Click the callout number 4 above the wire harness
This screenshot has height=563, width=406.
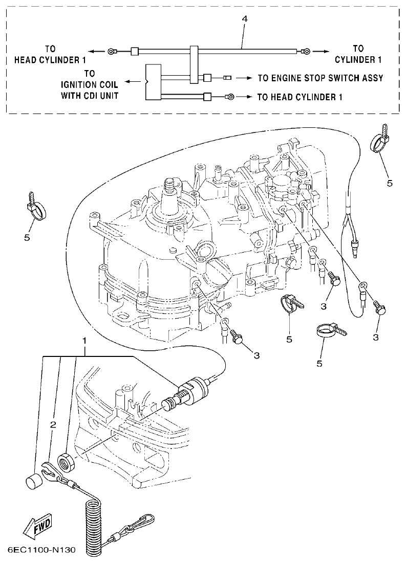click(245, 19)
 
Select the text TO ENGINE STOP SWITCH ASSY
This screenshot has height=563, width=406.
click(320, 78)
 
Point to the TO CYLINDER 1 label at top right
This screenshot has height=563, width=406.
click(358, 54)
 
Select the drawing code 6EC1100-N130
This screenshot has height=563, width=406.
click(42, 550)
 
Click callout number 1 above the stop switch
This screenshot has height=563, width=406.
click(85, 340)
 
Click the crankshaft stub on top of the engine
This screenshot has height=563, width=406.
click(170, 194)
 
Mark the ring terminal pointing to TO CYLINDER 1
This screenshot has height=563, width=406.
click(305, 51)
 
